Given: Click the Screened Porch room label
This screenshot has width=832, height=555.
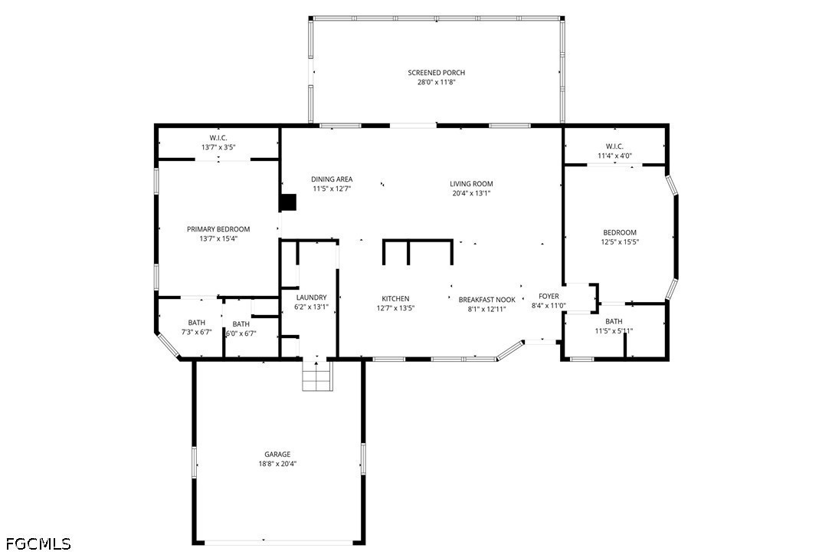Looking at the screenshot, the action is tap(436, 73).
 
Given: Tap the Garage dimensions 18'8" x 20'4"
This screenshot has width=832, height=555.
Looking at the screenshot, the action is tap(277, 464).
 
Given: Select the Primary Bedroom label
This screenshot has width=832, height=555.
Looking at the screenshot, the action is tap(218, 229).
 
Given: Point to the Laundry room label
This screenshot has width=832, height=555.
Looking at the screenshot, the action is tap(312, 297).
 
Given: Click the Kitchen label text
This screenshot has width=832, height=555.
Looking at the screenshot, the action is tap(395, 299).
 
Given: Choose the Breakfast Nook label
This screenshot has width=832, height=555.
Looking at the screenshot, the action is tap(487, 300).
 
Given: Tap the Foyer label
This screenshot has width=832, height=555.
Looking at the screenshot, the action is tap(549, 297).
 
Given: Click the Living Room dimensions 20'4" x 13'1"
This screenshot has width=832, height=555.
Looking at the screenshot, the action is tap(471, 193).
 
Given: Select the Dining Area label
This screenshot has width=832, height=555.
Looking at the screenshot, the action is tap(332, 179).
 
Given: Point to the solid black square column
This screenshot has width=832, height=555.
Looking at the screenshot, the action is tap(287, 202).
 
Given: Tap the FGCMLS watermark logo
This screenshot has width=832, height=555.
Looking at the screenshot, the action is tap(38, 544).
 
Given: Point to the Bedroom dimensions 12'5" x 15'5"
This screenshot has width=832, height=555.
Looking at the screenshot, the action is tap(620, 242).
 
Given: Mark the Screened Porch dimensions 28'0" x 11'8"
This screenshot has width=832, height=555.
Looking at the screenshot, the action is tap(436, 82).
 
